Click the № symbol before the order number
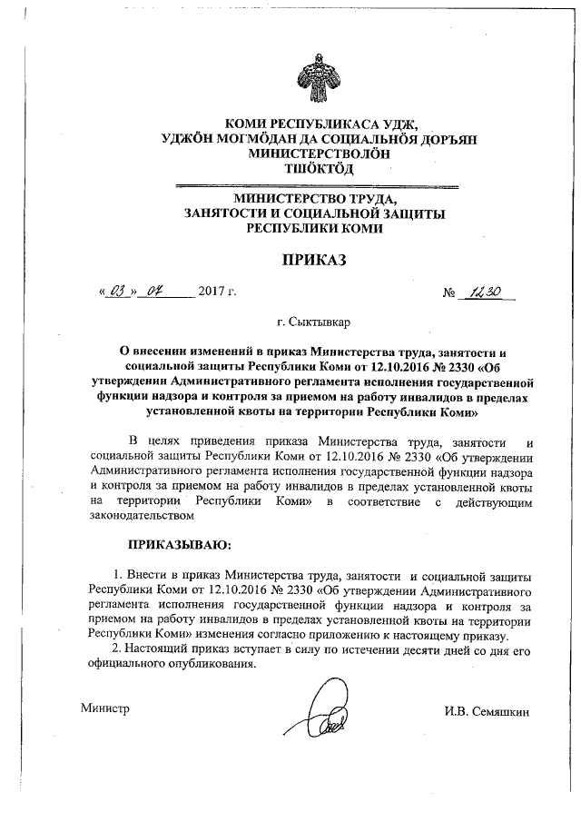[449, 293]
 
